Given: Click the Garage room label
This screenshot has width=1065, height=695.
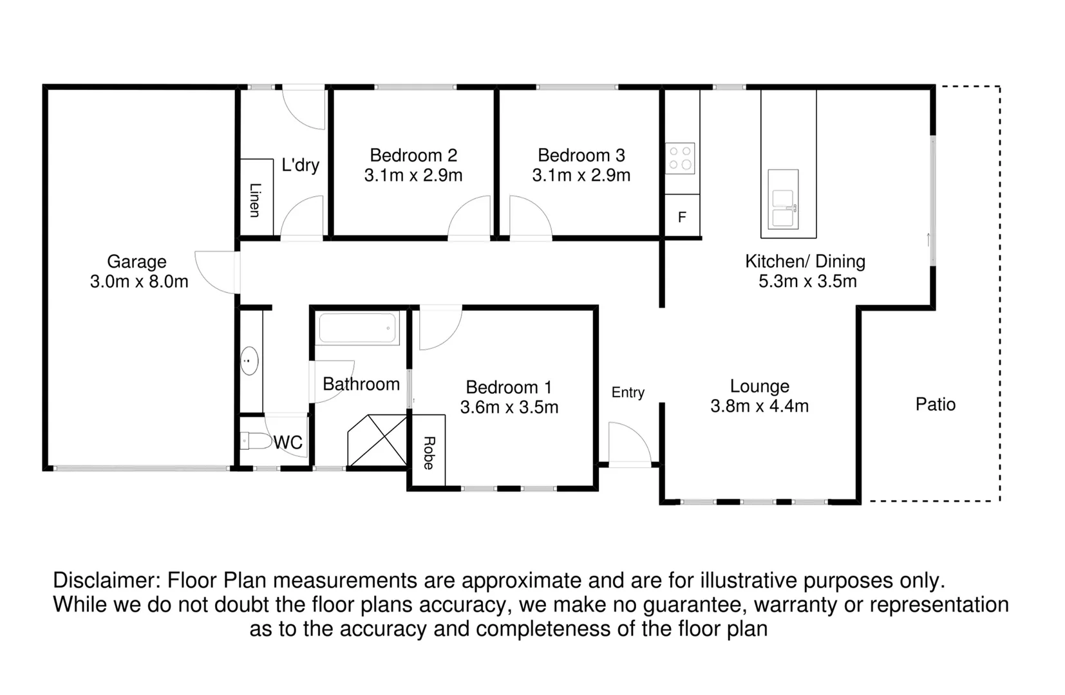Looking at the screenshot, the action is (137, 262).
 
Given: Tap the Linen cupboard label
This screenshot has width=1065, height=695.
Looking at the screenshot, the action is (255, 200).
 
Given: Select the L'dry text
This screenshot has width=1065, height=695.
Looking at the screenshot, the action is (300, 165).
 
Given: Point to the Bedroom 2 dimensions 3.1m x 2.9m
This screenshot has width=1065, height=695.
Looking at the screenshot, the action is (413, 176).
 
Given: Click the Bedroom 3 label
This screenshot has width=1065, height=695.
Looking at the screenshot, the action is (581, 156).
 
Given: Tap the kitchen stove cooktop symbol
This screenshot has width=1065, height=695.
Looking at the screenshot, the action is (680, 158).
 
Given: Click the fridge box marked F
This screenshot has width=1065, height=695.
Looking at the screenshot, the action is (682, 218).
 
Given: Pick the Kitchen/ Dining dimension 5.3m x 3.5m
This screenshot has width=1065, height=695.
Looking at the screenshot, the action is (807, 281).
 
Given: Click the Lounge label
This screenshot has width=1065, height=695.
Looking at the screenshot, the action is (759, 386).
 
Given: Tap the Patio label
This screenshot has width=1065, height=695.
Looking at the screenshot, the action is (935, 404).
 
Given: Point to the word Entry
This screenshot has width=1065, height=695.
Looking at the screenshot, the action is (628, 393).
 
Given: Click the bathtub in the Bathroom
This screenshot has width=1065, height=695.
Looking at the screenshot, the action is (358, 328).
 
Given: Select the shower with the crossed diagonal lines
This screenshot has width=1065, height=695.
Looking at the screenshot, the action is (377, 441).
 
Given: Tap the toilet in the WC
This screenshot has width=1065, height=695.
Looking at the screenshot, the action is (256, 441).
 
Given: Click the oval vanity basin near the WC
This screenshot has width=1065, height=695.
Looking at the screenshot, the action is (249, 361).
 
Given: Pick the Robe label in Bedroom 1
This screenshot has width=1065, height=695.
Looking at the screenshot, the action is (429, 452).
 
